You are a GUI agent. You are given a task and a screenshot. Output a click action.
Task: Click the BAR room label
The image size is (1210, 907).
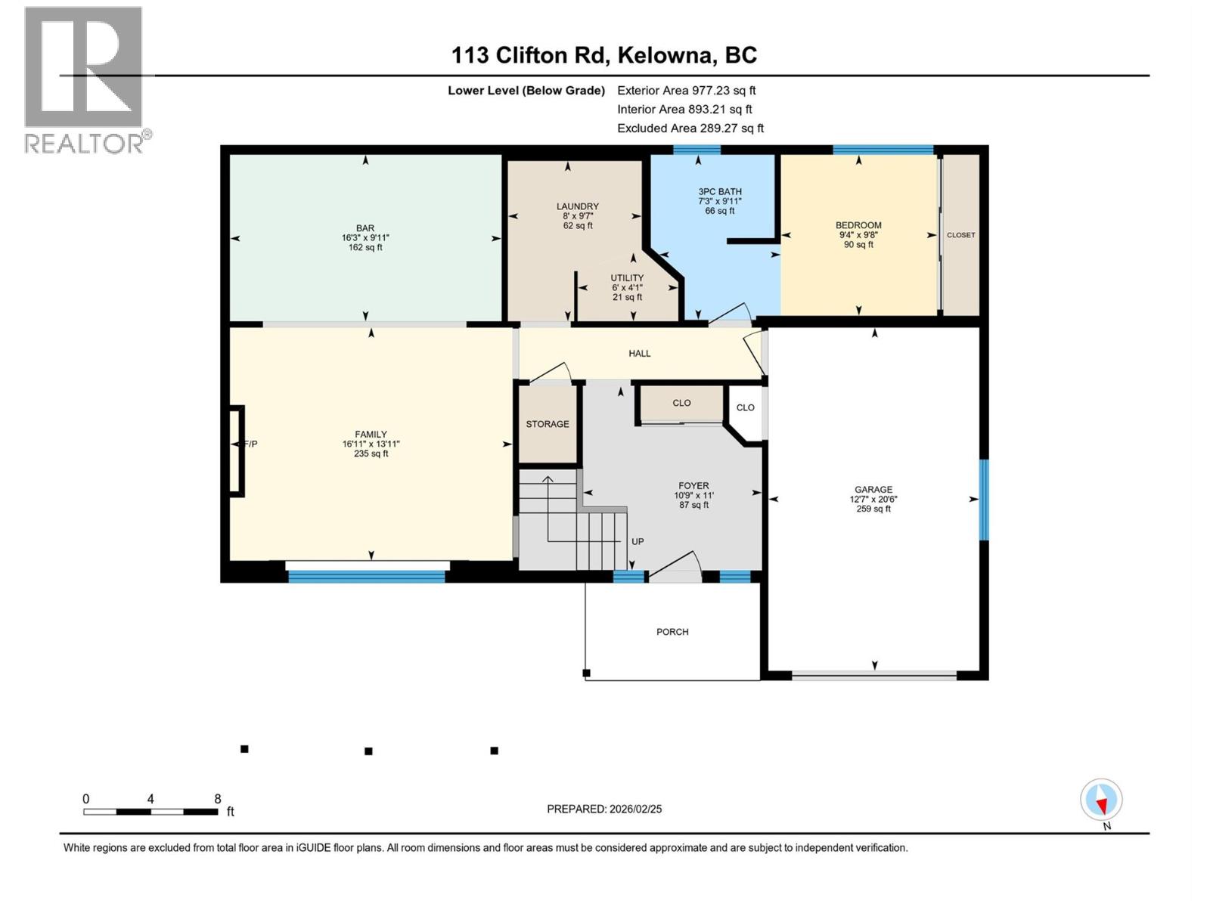pyautogui.click(x=365, y=228)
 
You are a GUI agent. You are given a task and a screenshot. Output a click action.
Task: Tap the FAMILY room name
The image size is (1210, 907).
pyautogui.click(x=371, y=435)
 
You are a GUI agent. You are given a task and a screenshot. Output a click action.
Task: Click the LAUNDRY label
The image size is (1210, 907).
pyautogui.click(x=577, y=206)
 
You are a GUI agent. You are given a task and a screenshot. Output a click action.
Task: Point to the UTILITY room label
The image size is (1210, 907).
pyautogui.click(x=627, y=278)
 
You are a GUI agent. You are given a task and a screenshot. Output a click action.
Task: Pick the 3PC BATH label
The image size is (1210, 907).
pyautogui.click(x=719, y=192)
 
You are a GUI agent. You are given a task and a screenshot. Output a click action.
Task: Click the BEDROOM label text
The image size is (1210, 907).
pyautogui.click(x=858, y=225)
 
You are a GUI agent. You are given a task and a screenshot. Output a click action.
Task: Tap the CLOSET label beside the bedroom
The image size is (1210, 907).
pyautogui.click(x=960, y=235)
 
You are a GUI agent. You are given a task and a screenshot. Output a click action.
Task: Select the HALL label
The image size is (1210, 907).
pyautogui.click(x=639, y=353)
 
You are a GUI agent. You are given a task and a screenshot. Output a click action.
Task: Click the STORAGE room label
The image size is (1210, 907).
pyautogui.click(x=548, y=424)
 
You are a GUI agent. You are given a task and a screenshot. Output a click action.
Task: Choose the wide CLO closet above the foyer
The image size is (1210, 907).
pyautogui.click(x=681, y=403)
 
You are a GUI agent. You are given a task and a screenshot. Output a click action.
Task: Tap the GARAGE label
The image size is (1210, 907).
pyautogui.click(x=873, y=490)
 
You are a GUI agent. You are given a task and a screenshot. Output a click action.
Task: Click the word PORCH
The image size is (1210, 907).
pyautogui.click(x=672, y=632)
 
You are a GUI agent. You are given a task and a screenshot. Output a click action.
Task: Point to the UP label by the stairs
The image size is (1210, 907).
pyautogui.click(x=638, y=542)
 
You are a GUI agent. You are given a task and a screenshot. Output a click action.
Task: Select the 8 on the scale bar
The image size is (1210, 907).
pyautogui.click(x=218, y=799)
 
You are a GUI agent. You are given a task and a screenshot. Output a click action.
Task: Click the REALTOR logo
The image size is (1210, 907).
pyautogui.click(x=84, y=79)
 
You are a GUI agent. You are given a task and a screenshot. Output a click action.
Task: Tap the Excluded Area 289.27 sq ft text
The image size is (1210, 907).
pyautogui.click(x=690, y=128)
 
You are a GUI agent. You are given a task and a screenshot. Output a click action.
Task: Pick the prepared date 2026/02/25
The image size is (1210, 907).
pyautogui.click(x=635, y=809)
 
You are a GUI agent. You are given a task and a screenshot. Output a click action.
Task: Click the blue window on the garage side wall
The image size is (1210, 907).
pyautogui.click(x=984, y=500)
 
